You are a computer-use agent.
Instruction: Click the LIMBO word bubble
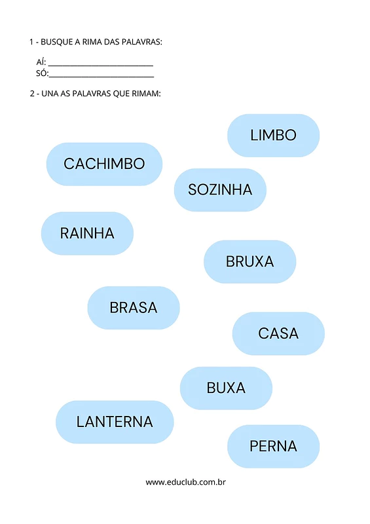tap(273, 136)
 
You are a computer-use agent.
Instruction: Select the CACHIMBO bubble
tap(104, 164)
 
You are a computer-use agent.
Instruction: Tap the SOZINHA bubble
tap(220, 190)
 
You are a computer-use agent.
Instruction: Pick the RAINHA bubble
tap(87, 233)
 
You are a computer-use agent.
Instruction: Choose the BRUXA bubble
tap(250, 261)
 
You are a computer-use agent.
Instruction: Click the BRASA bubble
tap(134, 308)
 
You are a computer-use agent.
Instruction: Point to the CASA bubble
tap(278, 333)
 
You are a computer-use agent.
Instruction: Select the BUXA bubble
tap(227, 388)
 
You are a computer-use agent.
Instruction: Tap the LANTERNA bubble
tap(115, 422)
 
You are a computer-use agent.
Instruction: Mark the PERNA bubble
tap(273, 447)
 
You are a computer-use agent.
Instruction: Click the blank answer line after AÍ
tap(101, 65)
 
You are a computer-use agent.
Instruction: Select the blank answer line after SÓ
tap(102, 77)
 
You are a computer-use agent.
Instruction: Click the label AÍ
tap(41, 62)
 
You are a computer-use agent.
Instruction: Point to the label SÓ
tap(42, 73)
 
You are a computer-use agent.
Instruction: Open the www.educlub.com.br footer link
tap(185, 482)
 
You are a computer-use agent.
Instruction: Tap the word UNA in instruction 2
tap(50, 94)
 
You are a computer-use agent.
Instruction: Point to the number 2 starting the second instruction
tap(32, 94)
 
